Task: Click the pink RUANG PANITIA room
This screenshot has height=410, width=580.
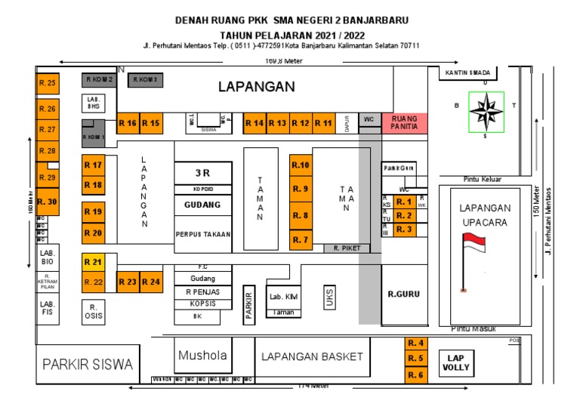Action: click(405, 123)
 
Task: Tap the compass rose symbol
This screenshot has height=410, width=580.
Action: click(486, 112)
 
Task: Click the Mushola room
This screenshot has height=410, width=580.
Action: click(197, 356)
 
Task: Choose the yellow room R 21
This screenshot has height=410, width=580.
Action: click(93, 262)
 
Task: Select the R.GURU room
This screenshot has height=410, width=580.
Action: click(403, 294)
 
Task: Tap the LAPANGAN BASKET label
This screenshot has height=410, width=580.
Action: click(312, 356)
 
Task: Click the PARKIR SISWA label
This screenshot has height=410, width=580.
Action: click(87, 365)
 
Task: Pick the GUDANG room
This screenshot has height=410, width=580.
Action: click(202, 205)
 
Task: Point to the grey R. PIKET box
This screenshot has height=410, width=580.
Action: click(347, 248)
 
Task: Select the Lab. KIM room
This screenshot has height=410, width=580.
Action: click(284, 297)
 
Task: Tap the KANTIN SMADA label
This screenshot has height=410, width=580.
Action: click(468, 72)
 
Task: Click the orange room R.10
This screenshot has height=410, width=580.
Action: click(301, 165)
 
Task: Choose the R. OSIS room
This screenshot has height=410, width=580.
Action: click(92, 311)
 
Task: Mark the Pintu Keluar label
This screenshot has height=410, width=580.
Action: click(483, 179)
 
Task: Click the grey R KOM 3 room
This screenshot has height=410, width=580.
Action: click(143, 79)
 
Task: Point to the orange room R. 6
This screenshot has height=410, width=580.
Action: click(416, 375)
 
